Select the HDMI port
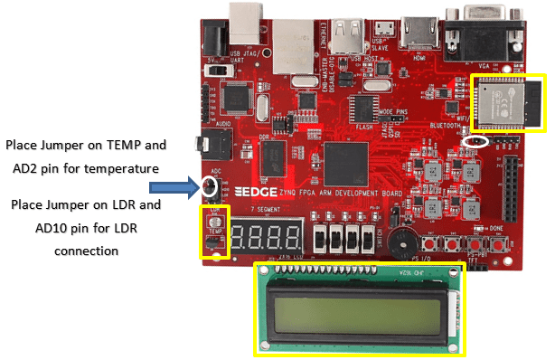[x=419, y=33]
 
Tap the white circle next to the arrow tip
[x=211, y=187]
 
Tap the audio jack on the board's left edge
[x=213, y=142]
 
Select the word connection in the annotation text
[x=86, y=250]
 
